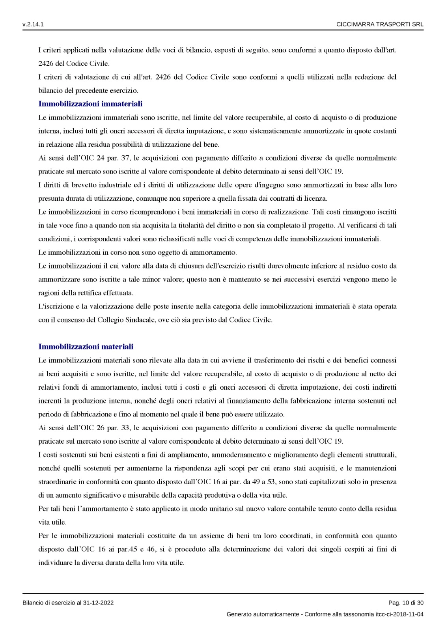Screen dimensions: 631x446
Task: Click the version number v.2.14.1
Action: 33,24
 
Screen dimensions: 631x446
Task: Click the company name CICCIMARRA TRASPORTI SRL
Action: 380,24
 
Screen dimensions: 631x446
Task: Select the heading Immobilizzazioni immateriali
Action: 90,104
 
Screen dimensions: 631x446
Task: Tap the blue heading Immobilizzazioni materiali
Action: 86,347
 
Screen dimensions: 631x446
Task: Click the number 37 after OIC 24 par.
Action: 126,158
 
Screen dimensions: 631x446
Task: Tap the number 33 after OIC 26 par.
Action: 126,428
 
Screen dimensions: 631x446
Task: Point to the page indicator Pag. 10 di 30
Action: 406,603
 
